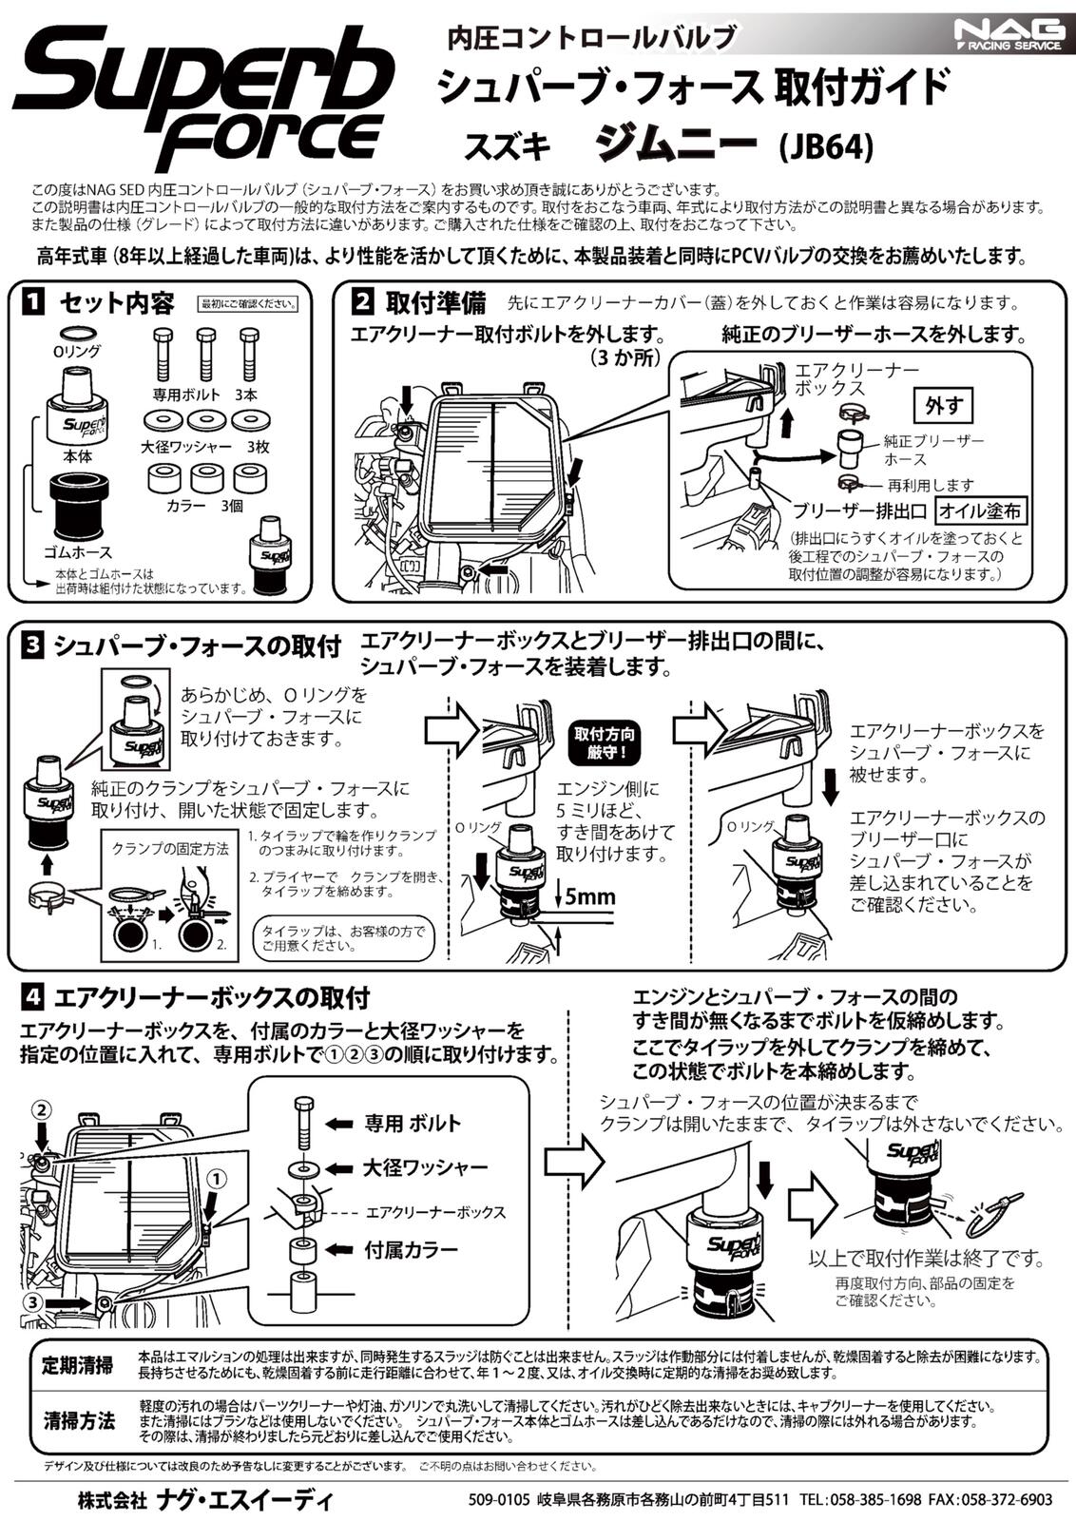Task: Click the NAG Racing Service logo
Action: tap(1009, 36)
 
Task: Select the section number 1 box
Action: tap(33, 303)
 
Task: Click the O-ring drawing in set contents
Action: tap(77, 333)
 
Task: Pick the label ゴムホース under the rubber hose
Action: tap(78, 552)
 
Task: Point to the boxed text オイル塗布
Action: tap(980, 510)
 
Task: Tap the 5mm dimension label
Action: tap(589, 895)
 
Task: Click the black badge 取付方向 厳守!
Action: tap(605, 742)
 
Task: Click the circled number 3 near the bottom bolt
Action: tap(32, 1301)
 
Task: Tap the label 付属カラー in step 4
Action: tap(411, 1248)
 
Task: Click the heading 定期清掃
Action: tap(78, 1366)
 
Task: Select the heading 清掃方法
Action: tap(78, 1421)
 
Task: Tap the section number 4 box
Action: tap(33, 998)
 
